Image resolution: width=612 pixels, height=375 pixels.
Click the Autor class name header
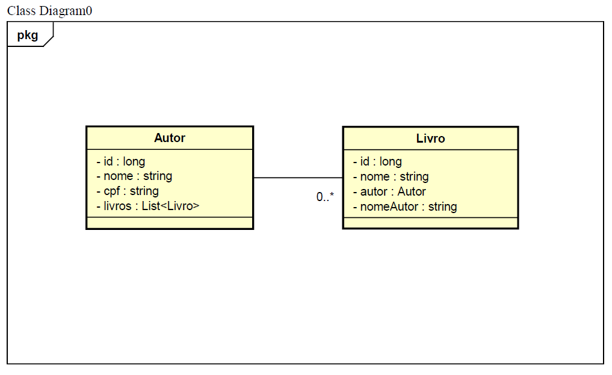(x=169, y=138)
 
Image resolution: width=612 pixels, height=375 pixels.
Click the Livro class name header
(x=430, y=138)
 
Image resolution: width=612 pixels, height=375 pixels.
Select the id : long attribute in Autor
(x=120, y=161)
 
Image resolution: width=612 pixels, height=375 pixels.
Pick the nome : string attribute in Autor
(x=134, y=176)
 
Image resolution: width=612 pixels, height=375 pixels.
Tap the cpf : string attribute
(x=128, y=191)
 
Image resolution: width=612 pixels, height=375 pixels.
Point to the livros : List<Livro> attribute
(x=148, y=206)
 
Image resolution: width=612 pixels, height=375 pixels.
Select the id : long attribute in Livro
(x=377, y=161)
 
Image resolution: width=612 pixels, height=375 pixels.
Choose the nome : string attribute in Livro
(x=391, y=176)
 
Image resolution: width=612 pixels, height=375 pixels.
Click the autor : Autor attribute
(x=389, y=191)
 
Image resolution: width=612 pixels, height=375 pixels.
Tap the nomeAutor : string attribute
(x=405, y=206)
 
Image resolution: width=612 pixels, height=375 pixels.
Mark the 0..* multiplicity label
(x=325, y=197)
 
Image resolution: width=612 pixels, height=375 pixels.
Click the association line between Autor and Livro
(x=298, y=178)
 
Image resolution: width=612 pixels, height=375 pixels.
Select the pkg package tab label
(x=28, y=36)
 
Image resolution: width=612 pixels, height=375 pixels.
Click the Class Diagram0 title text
(x=49, y=11)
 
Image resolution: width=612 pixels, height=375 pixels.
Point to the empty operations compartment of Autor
(x=170, y=223)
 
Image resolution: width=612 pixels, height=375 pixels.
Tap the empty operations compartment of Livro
(x=430, y=223)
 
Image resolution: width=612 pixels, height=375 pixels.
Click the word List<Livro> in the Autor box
(x=170, y=206)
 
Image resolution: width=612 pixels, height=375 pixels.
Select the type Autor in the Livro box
(x=412, y=191)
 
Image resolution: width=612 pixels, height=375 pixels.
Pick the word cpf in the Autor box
(x=111, y=191)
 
